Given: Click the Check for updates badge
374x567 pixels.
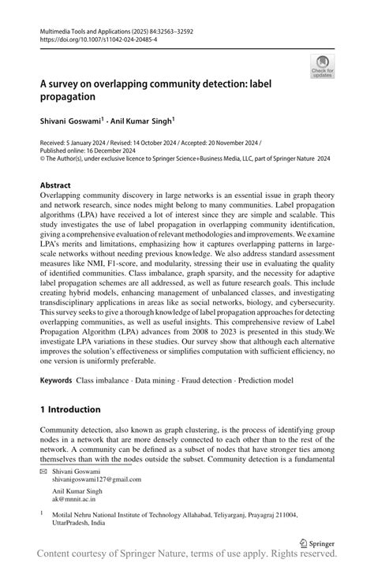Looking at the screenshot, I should click(x=323, y=66).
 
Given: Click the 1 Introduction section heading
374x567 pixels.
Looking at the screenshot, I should click(x=70, y=409).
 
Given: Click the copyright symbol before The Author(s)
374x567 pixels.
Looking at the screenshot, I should click(x=43, y=157).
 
